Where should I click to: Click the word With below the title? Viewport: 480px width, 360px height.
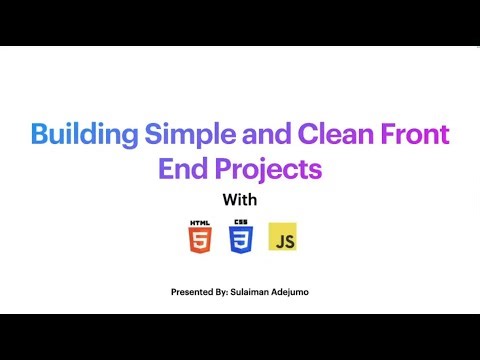240,199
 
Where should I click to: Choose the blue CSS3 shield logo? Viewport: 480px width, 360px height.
241,238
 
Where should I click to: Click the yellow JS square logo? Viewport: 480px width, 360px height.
283,238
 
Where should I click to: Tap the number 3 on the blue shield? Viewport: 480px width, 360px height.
241,240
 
